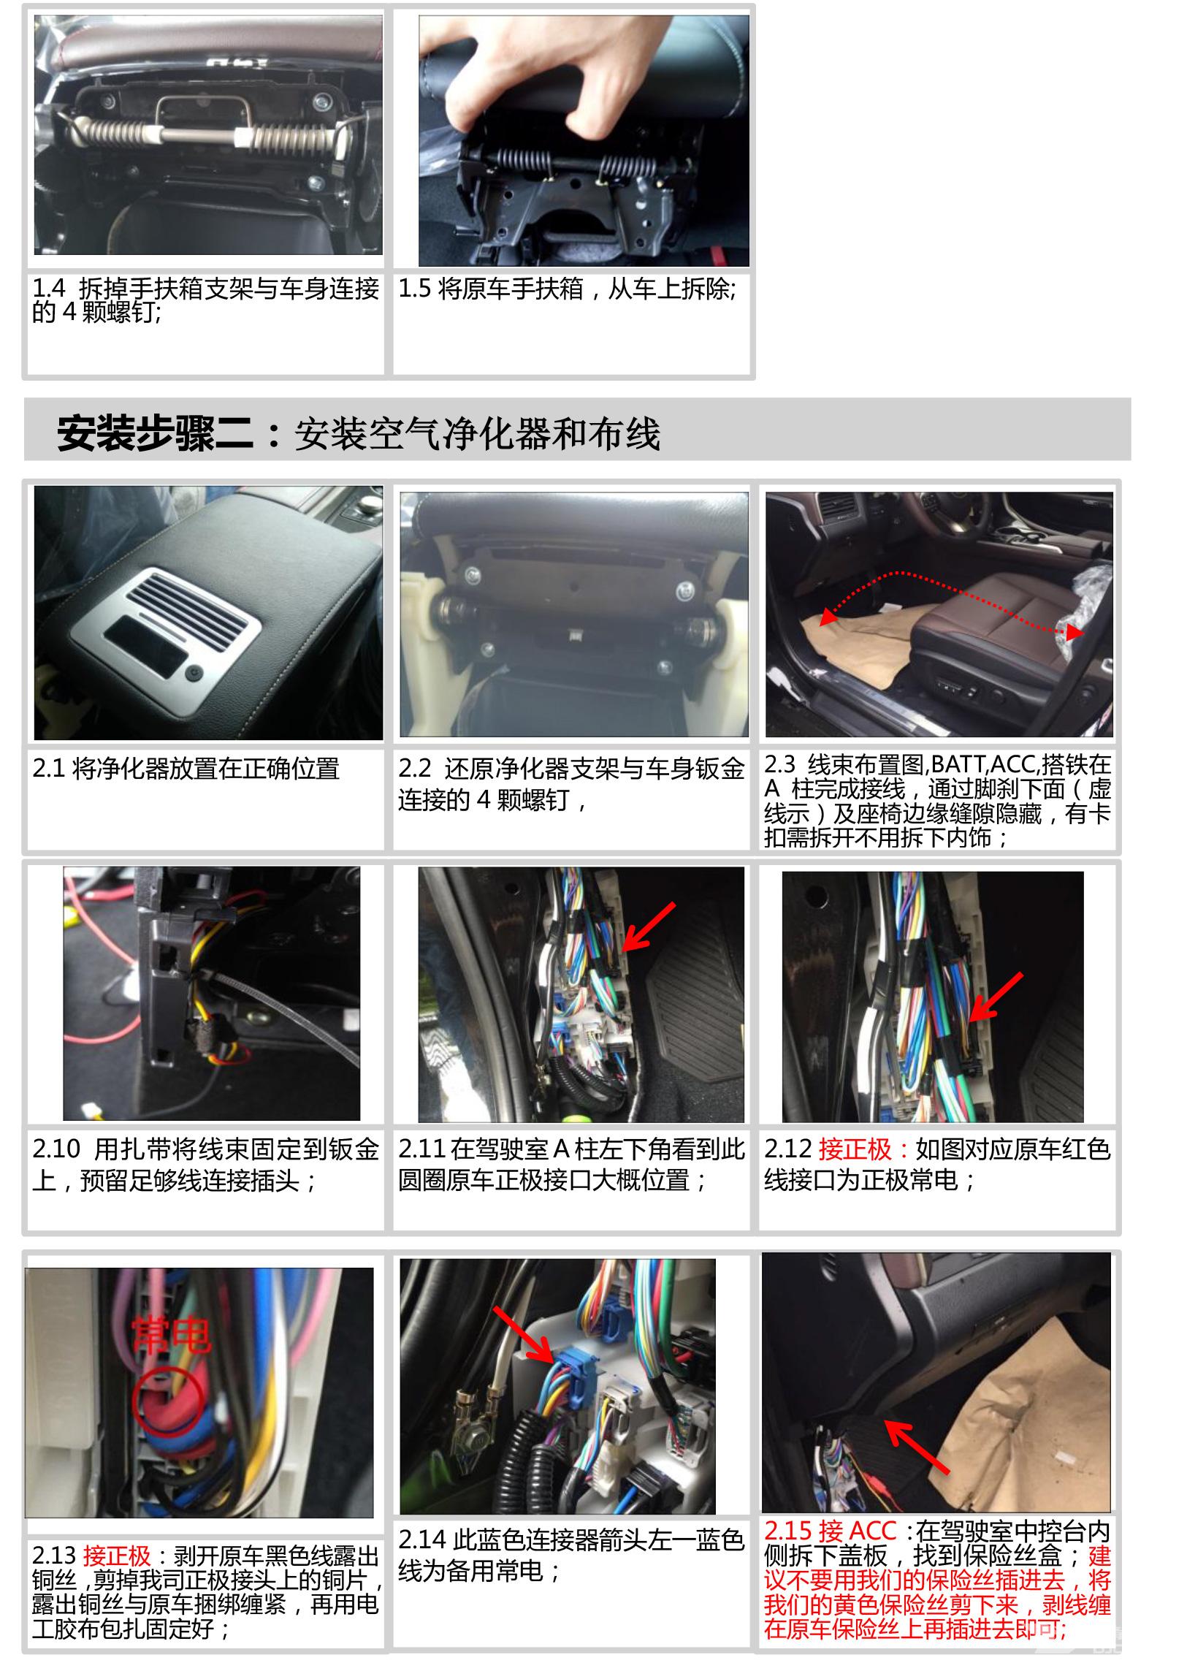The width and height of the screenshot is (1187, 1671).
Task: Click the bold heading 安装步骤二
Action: pos(156,433)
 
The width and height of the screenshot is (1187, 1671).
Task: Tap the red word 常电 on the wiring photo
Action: pos(171,1336)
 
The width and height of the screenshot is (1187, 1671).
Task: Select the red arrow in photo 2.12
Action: pos(996,997)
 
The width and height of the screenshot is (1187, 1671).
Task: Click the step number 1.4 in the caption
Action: pos(48,289)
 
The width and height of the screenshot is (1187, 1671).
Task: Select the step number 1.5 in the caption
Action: pos(414,289)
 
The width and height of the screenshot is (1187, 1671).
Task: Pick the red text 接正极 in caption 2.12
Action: pos(855,1150)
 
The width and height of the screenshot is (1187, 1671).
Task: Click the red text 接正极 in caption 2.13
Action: pos(116,1556)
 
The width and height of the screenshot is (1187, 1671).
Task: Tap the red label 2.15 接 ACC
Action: pos(831,1531)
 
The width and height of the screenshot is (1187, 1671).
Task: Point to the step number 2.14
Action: pos(421,1539)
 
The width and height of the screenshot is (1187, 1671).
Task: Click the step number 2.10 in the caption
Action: pos(56,1150)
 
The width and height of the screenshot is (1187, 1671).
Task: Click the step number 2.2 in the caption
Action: pos(415,768)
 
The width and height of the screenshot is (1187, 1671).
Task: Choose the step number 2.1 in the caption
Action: pos(48,768)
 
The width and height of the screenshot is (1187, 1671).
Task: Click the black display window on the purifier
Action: pos(147,645)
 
